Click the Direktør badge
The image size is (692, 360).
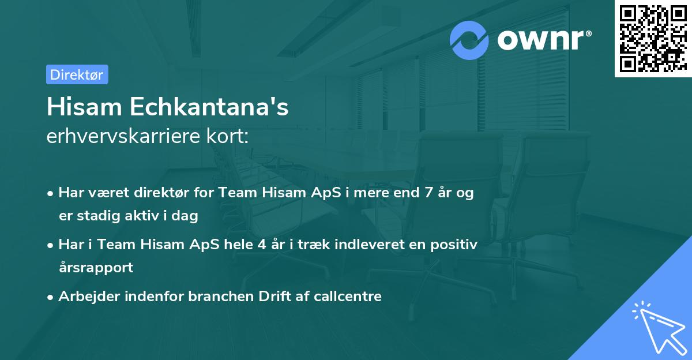click(x=76, y=74)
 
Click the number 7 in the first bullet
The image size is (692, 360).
click(x=428, y=193)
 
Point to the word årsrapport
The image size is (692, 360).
click(x=96, y=267)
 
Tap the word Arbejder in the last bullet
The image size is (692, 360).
click(x=85, y=297)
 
